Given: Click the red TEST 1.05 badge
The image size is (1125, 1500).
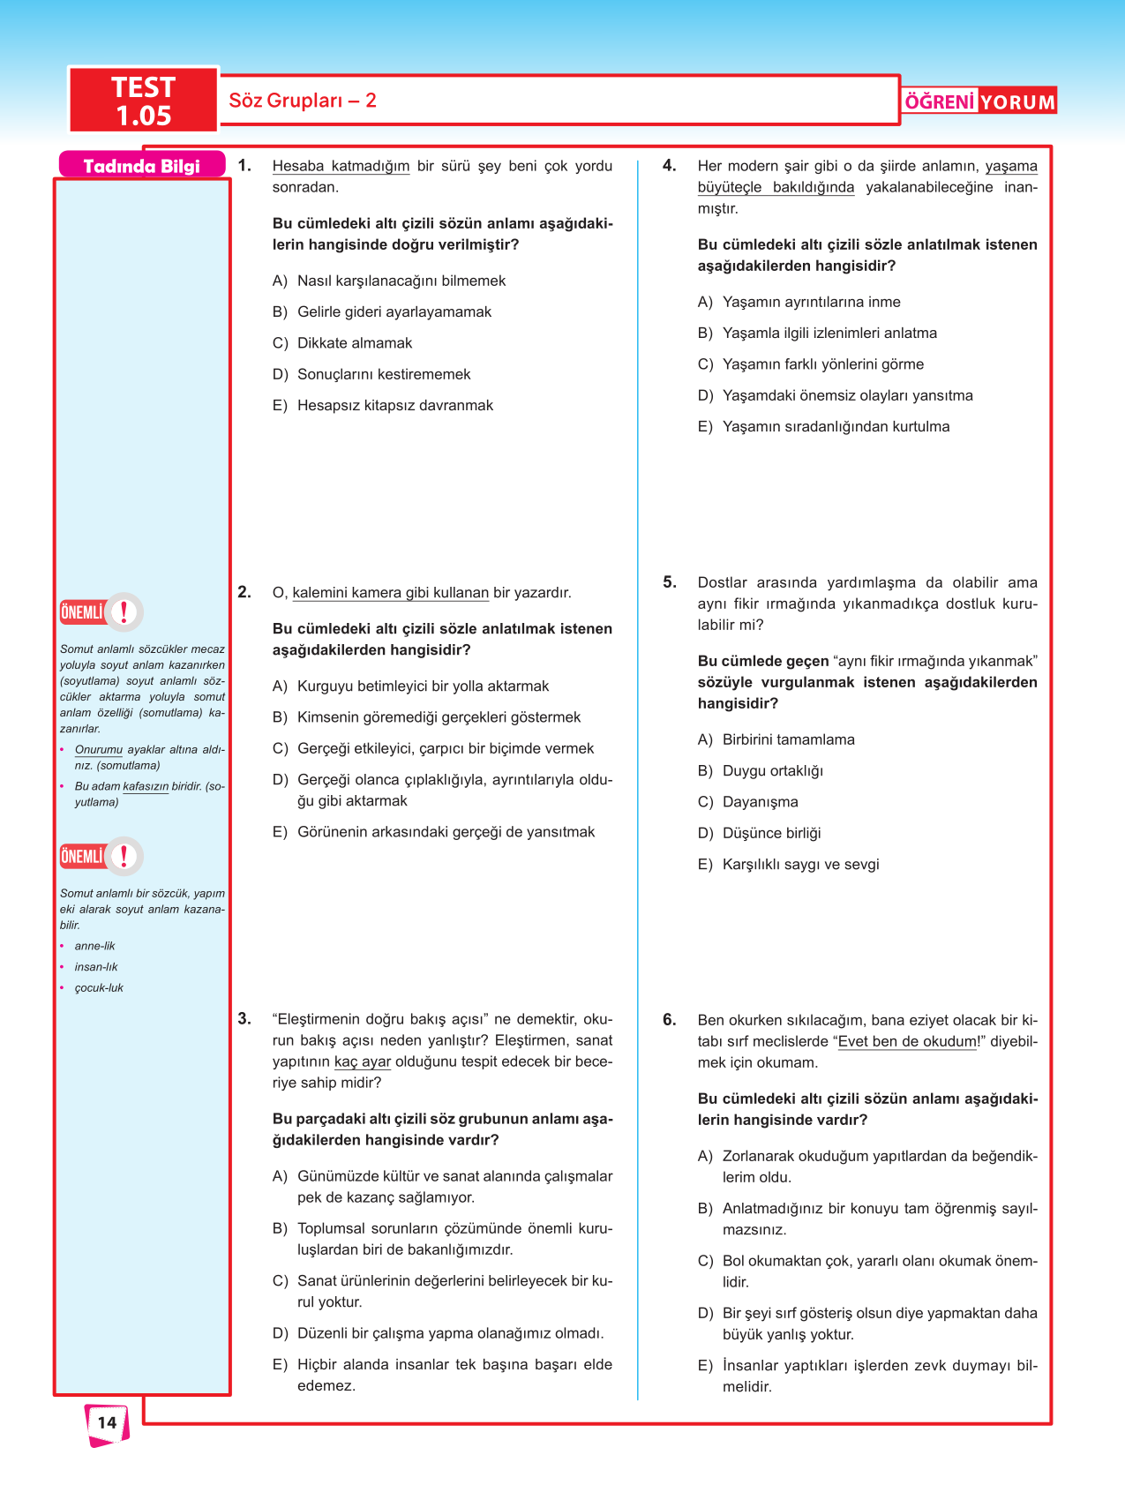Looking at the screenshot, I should click(144, 101).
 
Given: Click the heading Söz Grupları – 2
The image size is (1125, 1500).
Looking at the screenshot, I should click(303, 101).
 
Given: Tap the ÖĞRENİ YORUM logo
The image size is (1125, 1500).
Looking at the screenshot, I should click(979, 101).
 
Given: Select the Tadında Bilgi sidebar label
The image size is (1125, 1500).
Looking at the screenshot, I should click(141, 166).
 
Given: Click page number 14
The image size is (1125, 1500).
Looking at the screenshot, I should click(107, 1422).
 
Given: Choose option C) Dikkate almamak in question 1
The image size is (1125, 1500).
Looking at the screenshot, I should click(355, 343).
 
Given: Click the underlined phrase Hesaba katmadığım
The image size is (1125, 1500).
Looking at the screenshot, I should click(341, 166).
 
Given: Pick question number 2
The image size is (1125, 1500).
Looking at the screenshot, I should click(244, 592).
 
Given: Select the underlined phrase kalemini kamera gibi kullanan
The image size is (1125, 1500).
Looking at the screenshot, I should click(390, 593).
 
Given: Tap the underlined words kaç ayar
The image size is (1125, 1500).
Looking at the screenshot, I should click(362, 1061).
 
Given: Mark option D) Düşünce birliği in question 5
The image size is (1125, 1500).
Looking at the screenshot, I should click(771, 833).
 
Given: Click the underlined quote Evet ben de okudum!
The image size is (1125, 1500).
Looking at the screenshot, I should click(909, 1041).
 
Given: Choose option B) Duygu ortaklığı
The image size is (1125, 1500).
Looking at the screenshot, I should click(772, 771).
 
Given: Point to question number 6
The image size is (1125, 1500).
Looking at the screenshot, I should click(670, 1020).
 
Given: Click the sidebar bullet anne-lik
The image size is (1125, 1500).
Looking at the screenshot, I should click(94, 946).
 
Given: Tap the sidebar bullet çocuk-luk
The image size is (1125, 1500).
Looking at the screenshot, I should click(99, 988).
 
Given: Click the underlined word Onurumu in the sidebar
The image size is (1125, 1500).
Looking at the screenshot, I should click(99, 750).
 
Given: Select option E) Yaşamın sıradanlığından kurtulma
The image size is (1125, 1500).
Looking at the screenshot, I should click(836, 427).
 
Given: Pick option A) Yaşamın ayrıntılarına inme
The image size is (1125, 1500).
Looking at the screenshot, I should click(811, 303).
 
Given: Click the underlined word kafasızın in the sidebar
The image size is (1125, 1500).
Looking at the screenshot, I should click(146, 786).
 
